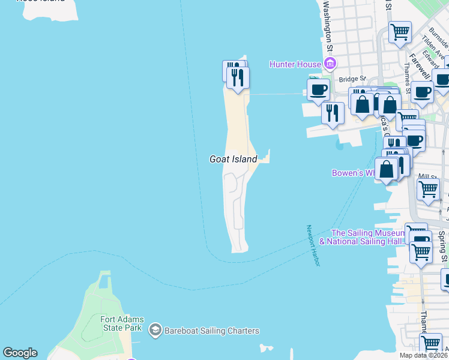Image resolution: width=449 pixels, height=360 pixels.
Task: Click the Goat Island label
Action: [x=233, y=159]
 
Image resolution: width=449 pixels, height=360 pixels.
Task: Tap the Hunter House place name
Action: [x=295, y=64]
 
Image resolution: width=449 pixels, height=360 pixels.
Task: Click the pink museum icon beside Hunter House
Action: [x=329, y=64]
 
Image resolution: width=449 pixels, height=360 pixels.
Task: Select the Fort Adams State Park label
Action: [x=121, y=323]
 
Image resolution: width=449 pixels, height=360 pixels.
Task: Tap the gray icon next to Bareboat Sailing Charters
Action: [x=155, y=330]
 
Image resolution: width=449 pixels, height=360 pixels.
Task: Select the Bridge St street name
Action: [x=352, y=79]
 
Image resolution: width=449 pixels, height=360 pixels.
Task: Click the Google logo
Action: [x=20, y=353]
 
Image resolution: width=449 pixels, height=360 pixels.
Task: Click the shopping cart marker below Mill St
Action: [x=428, y=188]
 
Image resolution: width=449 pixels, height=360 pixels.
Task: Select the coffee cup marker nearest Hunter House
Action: [x=319, y=90]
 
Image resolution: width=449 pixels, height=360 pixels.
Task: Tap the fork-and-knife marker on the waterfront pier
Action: [x=332, y=113]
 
